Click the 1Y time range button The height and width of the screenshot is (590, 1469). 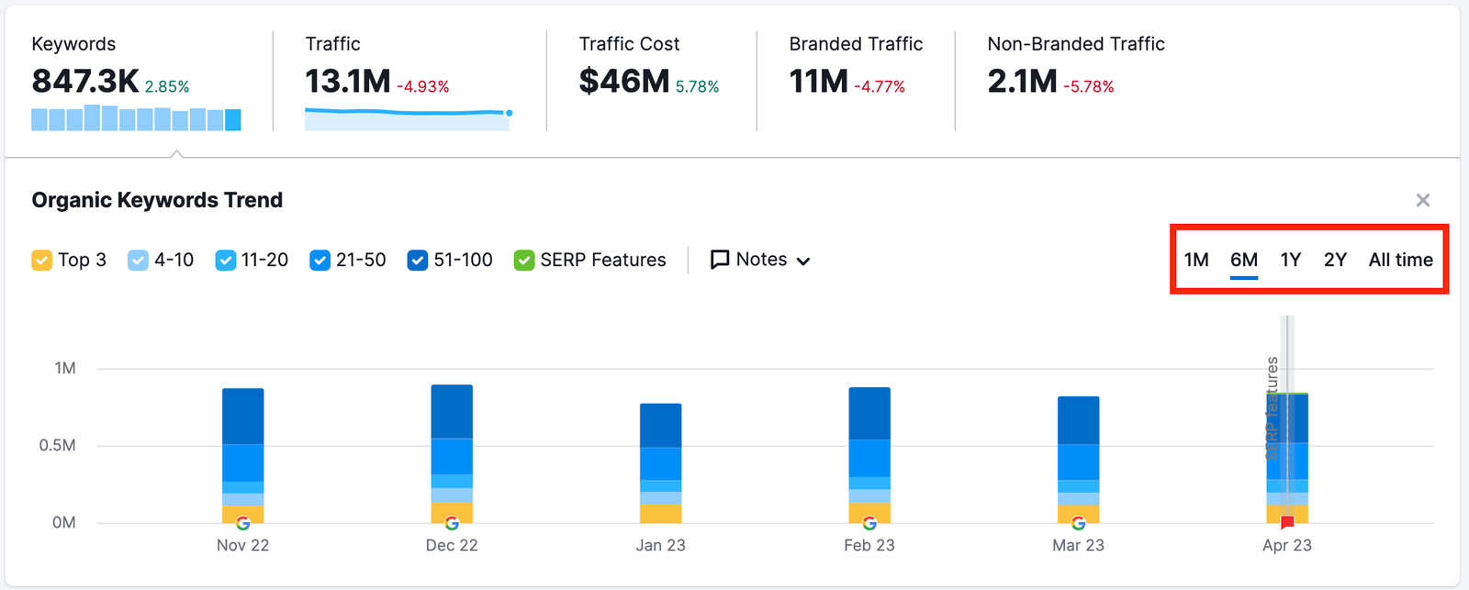[x=1290, y=260]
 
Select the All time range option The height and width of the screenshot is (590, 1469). [x=1400, y=260]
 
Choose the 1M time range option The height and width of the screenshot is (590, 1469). [x=1196, y=260]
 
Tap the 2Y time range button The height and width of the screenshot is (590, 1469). [x=1335, y=260]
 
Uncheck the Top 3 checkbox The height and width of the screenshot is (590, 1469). [x=41, y=261]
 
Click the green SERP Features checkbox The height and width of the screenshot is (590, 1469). [x=524, y=261]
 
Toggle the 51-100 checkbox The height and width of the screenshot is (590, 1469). [x=418, y=261]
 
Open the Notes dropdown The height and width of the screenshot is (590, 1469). [x=760, y=260]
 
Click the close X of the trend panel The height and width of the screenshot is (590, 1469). [x=1422, y=200]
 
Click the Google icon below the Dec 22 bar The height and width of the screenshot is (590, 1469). [x=452, y=523]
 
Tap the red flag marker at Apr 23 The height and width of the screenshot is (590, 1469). [x=1287, y=523]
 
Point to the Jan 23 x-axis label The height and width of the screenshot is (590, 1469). [x=660, y=545]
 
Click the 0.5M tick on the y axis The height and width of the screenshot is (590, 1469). [x=57, y=445]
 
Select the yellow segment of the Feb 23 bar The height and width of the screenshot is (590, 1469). [x=869, y=511]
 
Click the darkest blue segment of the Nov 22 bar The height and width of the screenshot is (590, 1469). [x=243, y=416]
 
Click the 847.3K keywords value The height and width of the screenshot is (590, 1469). [x=85, y=82]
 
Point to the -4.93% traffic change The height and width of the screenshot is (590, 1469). [x=422, y=86]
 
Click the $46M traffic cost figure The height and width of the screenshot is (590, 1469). [x=623, y=82]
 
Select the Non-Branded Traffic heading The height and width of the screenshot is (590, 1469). [x=1075, y=44]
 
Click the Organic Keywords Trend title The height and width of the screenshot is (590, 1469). [x=157, y=200]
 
